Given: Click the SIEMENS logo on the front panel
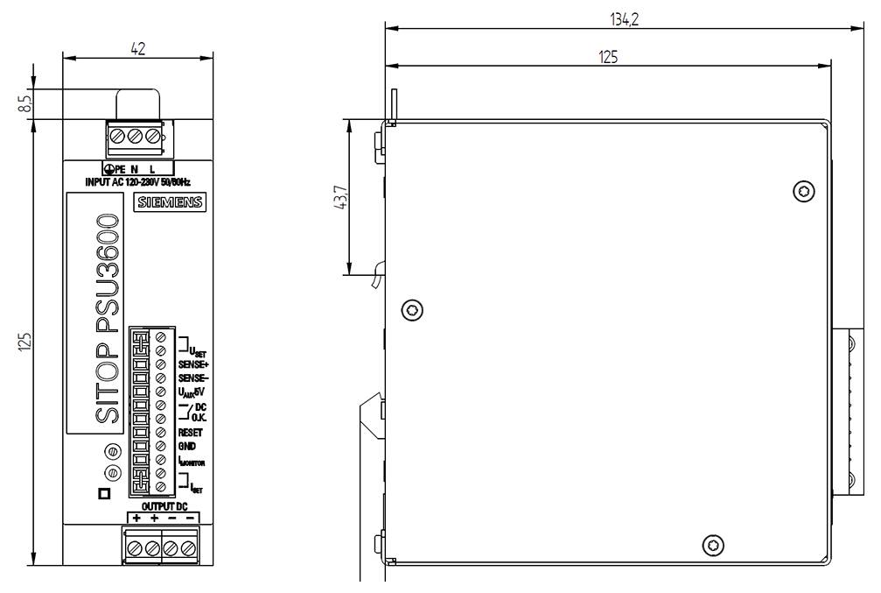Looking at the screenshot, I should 169,203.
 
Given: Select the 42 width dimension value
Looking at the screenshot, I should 137,50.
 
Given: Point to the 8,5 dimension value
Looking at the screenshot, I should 25,102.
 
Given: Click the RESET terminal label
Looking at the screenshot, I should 191,432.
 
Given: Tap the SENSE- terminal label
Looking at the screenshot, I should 194,377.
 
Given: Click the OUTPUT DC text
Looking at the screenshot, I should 164,506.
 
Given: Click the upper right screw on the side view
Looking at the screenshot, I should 801,191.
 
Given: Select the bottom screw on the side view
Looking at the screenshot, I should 714,545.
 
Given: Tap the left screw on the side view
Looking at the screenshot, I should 412,308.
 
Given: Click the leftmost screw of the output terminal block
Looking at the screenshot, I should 136,547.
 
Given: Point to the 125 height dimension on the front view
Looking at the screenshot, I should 25,340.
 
